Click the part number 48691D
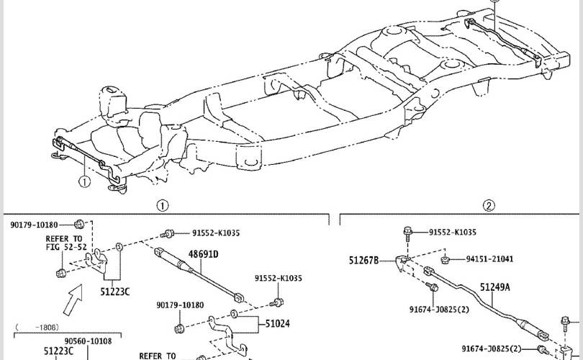[203, 254]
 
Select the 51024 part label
[277, 324]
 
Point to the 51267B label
[363, 261]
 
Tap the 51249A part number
[495, 287]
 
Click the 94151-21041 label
[489, 259]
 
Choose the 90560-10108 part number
[88, 341]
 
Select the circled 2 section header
[489, 205]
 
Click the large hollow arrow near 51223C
[73, 300]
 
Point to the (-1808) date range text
[37, 328]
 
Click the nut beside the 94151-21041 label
[444, 260]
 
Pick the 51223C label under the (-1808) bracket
[58, 351]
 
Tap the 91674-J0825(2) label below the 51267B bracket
[439, 310]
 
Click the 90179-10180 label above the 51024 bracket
[180, 305]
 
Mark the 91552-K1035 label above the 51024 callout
[279, 278]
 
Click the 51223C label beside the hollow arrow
[115, 292]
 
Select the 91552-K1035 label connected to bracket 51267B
[453, 233]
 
